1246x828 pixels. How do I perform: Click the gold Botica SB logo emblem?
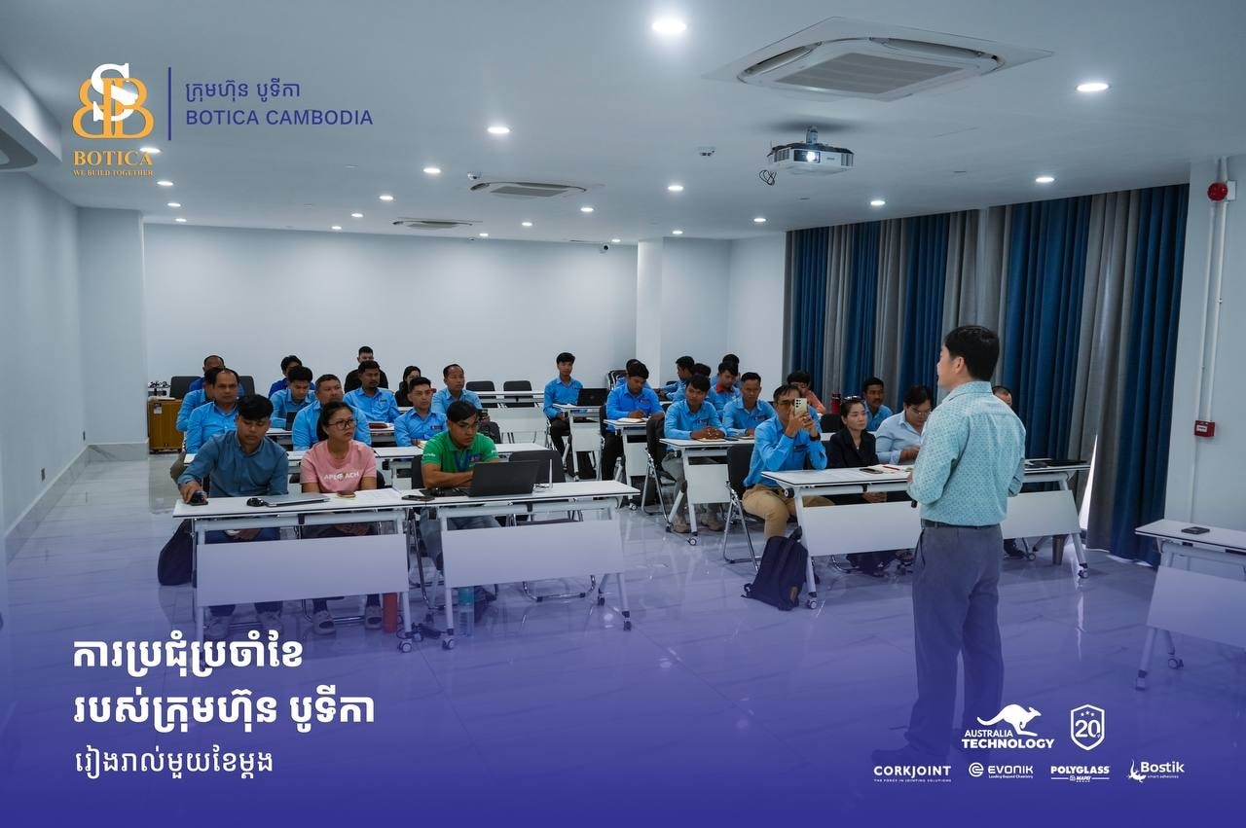[113, 102]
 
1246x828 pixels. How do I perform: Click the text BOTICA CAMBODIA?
[278, 118]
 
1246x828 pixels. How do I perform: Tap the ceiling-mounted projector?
[810, 156]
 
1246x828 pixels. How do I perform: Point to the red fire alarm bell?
[1218, 191]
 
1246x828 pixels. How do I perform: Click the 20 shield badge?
[1087, 727]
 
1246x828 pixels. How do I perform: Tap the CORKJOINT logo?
[912, 772]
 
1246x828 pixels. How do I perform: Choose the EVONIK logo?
[1001, 771]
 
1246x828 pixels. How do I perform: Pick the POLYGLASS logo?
[1080, 772]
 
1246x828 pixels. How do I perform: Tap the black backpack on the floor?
[779, 573]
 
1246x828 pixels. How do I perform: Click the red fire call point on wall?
[1204, 428]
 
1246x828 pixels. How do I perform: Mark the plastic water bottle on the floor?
[466, 610]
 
